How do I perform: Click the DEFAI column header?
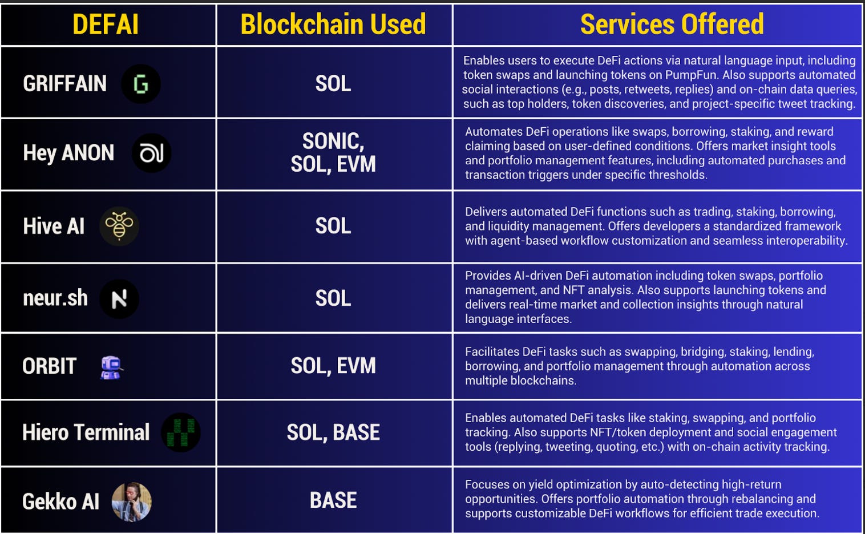pos(106,25)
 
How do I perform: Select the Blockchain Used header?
pos(333,25)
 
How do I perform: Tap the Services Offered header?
pos(672,25)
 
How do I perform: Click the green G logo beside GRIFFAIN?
pos(140,84)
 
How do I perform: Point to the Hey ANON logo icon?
pos(152,153)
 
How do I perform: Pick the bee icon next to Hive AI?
pos(119,226)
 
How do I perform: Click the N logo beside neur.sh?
pos(119,298)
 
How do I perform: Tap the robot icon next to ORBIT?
pos(111,367)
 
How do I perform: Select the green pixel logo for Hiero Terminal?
pos(181,432)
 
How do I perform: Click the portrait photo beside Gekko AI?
pos(132,501)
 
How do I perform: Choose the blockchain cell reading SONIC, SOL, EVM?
pos(333,153)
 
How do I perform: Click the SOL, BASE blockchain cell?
pos(333,432)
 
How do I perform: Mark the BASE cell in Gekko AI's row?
pos(333,500)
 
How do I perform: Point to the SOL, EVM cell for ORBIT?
pos(333,366)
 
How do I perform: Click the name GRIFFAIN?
pos(64,84)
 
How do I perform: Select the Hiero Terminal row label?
pos(86,432)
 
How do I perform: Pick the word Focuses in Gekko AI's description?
pos(487,484)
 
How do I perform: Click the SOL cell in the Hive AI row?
pos(333,226)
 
